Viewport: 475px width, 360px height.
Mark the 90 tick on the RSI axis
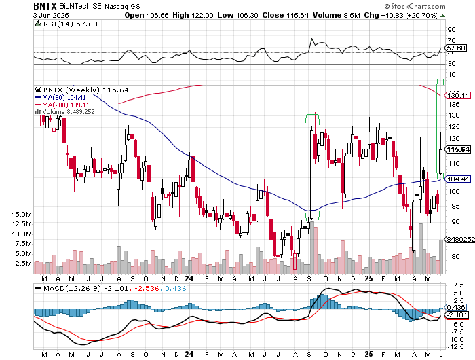[451, 30]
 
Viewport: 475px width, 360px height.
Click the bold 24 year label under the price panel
[189, 278]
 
